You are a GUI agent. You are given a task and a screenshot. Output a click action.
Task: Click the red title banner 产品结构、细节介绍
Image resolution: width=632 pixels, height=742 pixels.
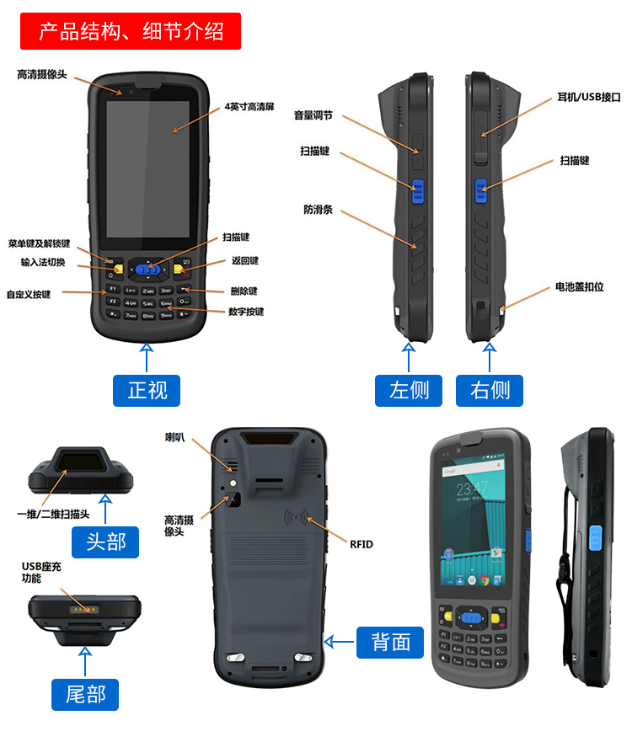(x=131, y=32)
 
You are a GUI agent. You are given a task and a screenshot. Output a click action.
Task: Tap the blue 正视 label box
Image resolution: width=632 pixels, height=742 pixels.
(x=147, y=390)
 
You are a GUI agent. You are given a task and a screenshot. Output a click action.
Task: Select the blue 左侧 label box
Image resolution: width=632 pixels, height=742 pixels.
(x=409, y=390)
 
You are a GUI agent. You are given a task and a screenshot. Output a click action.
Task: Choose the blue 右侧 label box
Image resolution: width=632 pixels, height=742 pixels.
(x=490, y=390)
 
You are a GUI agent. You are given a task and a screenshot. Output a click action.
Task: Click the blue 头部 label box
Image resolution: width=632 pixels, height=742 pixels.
(x=105, y=541)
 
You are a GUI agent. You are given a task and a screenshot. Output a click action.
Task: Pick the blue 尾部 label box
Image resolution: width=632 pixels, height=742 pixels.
(x=85, y=694)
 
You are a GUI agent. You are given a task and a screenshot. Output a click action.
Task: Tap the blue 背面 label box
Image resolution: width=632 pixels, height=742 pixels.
(x=391, y=642)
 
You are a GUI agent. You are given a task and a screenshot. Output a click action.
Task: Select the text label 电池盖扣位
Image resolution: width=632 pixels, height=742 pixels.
(x=579, y=287)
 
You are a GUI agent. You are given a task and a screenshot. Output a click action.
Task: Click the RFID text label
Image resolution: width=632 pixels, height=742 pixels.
(x=361, y=544)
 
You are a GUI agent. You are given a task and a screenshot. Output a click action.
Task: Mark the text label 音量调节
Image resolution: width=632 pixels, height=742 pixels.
(x=313, y=115)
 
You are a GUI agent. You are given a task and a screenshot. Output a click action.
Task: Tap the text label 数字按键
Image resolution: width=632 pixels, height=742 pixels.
(x=246, y=312)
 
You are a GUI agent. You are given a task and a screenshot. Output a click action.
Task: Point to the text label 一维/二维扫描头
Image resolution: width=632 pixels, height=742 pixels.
(x=52, y=513)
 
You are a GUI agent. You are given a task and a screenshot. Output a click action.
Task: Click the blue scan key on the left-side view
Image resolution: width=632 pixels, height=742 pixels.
(x=416, y=190)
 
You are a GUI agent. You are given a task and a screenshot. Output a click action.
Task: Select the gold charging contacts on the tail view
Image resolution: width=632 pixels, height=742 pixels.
(x=81, y=606)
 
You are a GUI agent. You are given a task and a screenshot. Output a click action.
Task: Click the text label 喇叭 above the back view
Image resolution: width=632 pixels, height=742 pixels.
(x=174, y=438)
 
